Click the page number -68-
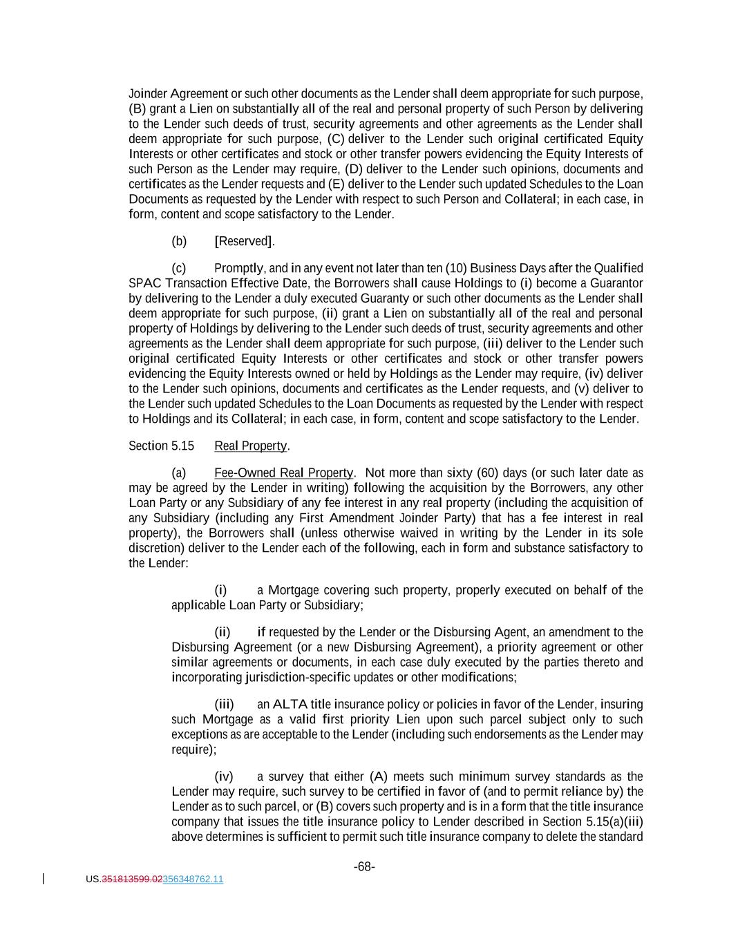pos(364,866)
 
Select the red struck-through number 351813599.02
pos(132,879)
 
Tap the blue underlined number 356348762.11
pos(193,879)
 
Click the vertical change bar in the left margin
pos(44,879)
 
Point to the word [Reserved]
pos(245,241)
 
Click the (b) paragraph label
pos(179,241)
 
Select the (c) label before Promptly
pos(179,268)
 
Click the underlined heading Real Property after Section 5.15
pos(250,446)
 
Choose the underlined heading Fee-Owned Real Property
pos(283,473)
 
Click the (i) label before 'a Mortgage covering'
pos(220,590)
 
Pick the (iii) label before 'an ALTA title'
pos(224,704)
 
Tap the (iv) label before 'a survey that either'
pos(224,777)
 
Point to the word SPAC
pos(142,283)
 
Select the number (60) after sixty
pos(489,473)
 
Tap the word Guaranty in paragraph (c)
pos(384,298)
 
